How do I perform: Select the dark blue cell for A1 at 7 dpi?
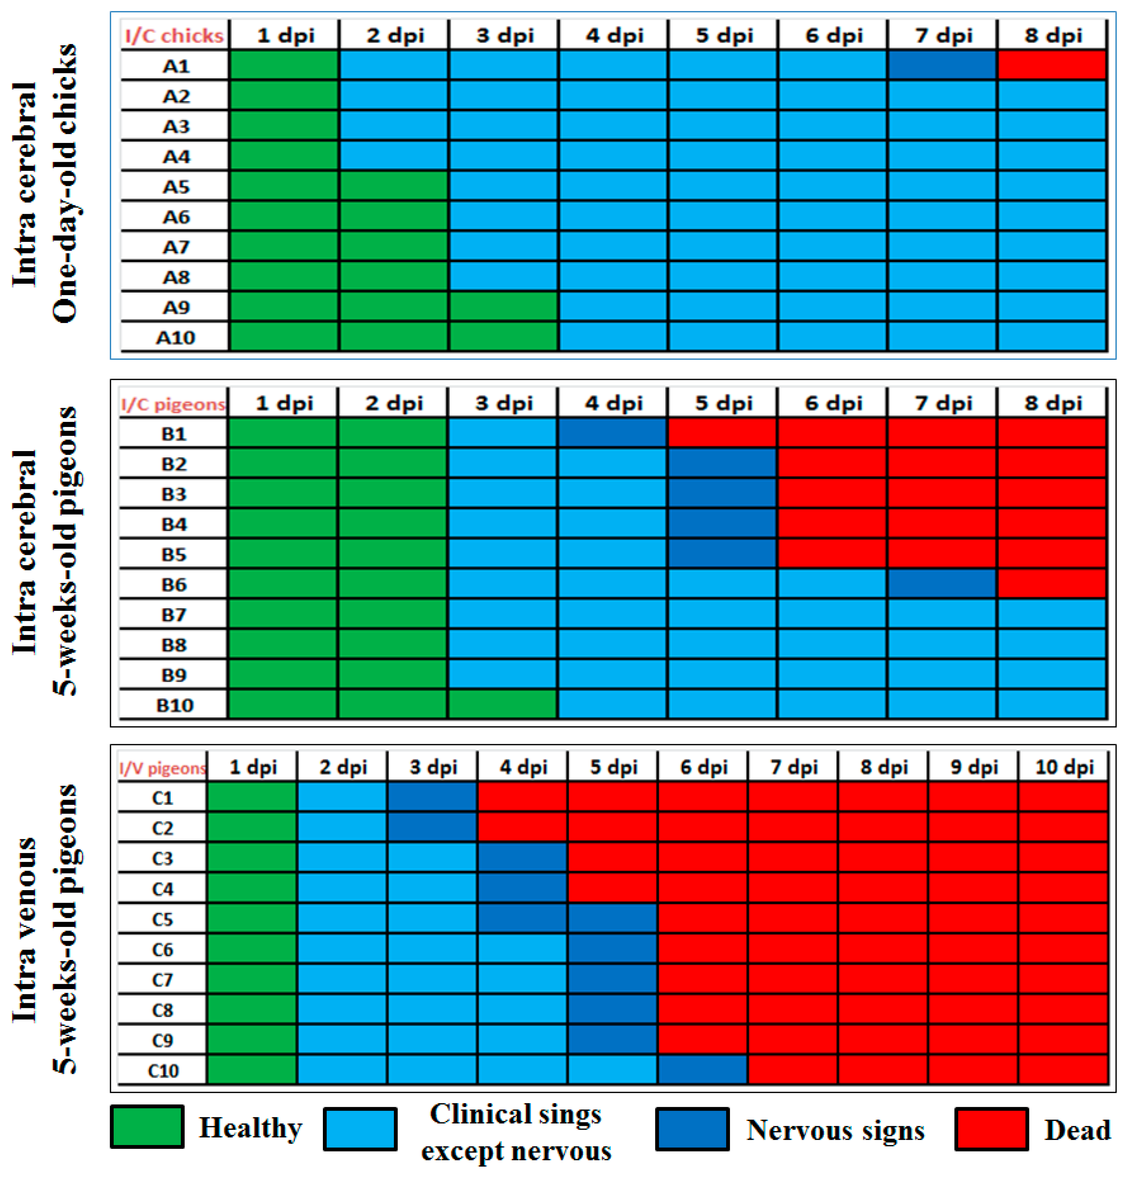click(942, 65)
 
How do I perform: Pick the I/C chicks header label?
click(174, 35)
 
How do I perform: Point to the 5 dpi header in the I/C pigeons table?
click(723, 403)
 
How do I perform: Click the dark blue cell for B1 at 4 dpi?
click(612, 433)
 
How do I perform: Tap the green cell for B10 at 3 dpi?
click(503, 704)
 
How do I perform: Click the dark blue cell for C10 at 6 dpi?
click(702, 1070)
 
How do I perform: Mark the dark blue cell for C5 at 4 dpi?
click(522, 919)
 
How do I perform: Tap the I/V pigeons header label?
click(162, 768)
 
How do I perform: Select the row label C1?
click(162, 798)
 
